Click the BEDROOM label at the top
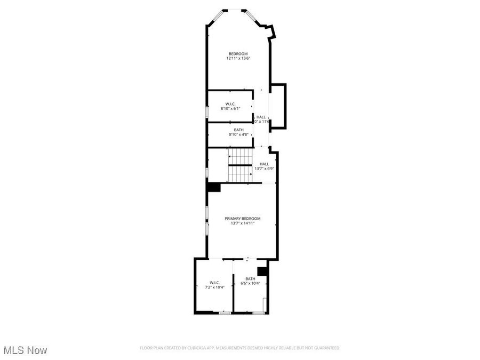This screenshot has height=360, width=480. click(238, 53)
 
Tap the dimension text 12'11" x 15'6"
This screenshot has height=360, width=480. click(238, 58)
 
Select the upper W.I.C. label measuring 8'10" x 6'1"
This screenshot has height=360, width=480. click(230, 103)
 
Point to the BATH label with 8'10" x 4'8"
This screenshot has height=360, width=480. click(239, 130)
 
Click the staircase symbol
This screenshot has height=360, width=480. click(241, 165)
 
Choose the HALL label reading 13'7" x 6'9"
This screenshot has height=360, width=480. click(264, 164)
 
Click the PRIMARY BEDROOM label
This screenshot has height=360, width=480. click(242, 219)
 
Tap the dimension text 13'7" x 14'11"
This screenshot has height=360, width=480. click(242, 223)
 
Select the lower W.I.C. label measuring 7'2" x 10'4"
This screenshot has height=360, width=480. click(215, 283)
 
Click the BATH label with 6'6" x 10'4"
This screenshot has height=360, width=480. click(250, 278)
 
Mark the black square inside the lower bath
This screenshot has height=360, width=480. click(262, 271)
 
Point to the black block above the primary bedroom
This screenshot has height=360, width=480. click(214, 187)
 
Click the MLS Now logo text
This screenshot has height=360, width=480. click(25, 350)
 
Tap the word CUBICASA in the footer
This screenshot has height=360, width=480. click(193, 348)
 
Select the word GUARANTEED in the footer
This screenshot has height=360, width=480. click(326, 348)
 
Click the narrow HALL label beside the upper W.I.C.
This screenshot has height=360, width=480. click(261, 117)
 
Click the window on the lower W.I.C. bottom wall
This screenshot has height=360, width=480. click(225, 313)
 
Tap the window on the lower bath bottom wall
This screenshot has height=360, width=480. click(258, 313)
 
